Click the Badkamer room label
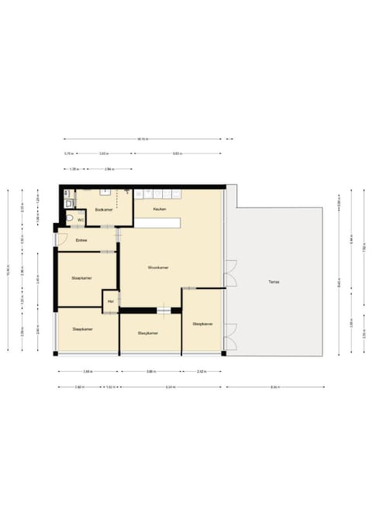pyautogui.click(x=105, y=210)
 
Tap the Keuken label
pyautogui.click(x=160, y=209)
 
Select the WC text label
pyautogui.click(x=79, y=219)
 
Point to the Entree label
pyautogui.click(x=81, y=240)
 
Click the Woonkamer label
pyautogui.click(x=159, y=267)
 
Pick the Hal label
pyautogui.click(x=112, y=301)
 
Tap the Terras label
pyautogui.click(x=274, y=281)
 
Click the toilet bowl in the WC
pyautogui.click(x=70, y=219)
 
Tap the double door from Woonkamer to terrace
pyautogui.click(x=229, y=273)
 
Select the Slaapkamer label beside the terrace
pyautogui.click(x=203, y=324)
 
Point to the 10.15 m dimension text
pyautogui.click(x=143, y=139)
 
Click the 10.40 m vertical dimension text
pyautogui.click(x=8, y=271)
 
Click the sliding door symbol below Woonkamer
pyautogui.click(x=164, y=311)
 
